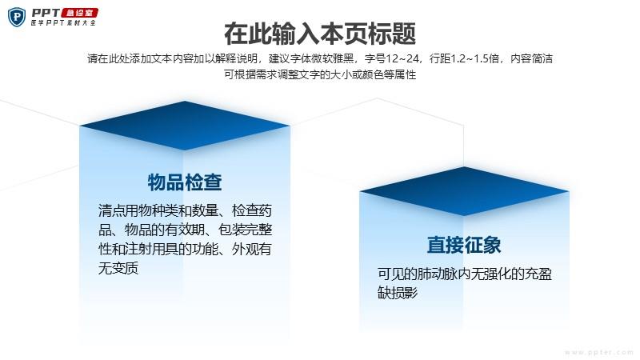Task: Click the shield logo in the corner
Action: point(17,17)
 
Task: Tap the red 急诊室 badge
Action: point(80,13)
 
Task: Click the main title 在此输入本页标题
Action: point(320,34)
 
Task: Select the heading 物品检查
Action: point(185,182)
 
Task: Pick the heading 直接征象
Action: point(464,245)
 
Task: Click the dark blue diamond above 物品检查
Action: point(185,126)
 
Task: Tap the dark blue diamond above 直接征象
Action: point(464,191)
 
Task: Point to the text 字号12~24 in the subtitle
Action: point(392,58)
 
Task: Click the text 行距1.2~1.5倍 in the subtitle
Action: point(465,58)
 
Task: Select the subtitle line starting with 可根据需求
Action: point(320,74)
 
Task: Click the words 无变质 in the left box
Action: point(118,268)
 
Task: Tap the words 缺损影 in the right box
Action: point(398,293)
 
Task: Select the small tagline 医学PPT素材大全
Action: point(63,23)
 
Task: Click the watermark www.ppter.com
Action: point(598,352)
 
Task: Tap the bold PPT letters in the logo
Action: point(46,13)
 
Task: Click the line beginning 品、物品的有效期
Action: point(186,230)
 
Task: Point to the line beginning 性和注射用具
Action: point(185,249)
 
